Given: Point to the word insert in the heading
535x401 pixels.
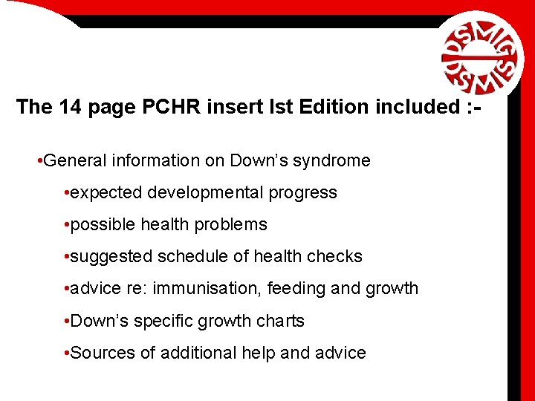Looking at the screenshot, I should (x=239, y=107).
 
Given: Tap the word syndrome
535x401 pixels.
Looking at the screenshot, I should (x=334, y=160).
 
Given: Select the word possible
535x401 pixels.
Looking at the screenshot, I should (x=101, y=224).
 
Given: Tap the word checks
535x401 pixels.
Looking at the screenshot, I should (x=335, y=256).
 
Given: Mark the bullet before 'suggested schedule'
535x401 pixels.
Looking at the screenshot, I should (x=67, y=256).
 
